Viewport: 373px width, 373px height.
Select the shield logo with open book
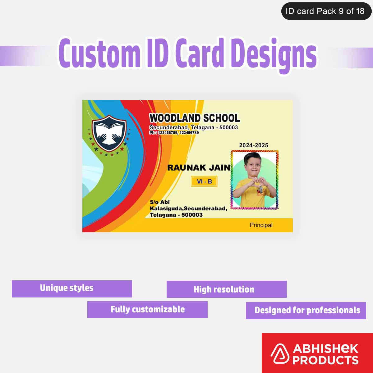[x=109, y=133]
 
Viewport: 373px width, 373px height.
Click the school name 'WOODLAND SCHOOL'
[x=195, y=118]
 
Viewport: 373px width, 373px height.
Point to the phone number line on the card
[x=174, y=133]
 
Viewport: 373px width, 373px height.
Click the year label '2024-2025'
[x=254, y=145]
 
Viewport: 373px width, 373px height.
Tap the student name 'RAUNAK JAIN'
[x=199, y=168]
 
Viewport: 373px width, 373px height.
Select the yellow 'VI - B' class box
[x=204, y=182]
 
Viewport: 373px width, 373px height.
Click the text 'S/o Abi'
[x=160, y=202]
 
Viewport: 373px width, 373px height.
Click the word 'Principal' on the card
[x=261, y=225]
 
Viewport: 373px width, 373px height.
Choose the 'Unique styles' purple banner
[x=72, y=289]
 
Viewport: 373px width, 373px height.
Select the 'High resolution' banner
[x=227, y=289]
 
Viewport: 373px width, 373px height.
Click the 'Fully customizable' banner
[x=147, y=310]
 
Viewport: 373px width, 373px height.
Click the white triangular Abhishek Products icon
[x=279, y=354]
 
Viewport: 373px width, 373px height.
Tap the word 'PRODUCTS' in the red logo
[x=325, y=360]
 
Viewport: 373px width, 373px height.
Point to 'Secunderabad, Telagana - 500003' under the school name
[x=194, y=127]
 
